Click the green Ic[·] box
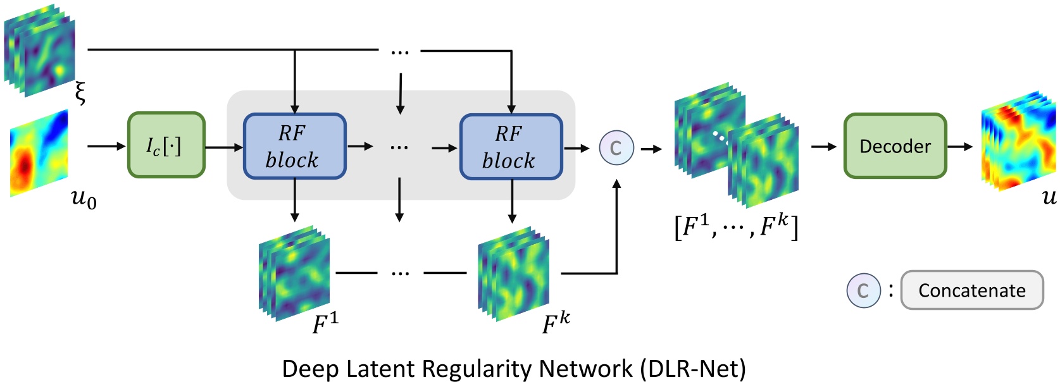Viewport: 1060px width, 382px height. point(166,145)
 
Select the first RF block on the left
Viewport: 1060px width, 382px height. point(294,147)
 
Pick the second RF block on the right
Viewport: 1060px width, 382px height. point(511,147)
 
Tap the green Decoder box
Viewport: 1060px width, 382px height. point(894,146)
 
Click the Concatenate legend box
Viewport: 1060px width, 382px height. point(971,290)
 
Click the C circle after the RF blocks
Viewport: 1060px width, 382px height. point(616,147)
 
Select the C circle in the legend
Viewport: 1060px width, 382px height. point(863,290)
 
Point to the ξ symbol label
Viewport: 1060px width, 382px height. point(80,93)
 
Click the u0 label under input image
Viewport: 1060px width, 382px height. point(84,199)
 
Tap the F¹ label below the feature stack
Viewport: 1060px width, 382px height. point(325,323)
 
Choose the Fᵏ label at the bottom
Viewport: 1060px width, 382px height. point(556,323)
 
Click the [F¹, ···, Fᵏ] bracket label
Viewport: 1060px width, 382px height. point(736,226)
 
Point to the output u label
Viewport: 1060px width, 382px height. point(1049,197)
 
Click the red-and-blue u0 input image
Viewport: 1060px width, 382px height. point(39,152)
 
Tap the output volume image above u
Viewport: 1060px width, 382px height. point(1018,140)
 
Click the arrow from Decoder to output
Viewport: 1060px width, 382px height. point(959,146)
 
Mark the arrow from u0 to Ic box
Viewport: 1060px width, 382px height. point(106,146)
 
